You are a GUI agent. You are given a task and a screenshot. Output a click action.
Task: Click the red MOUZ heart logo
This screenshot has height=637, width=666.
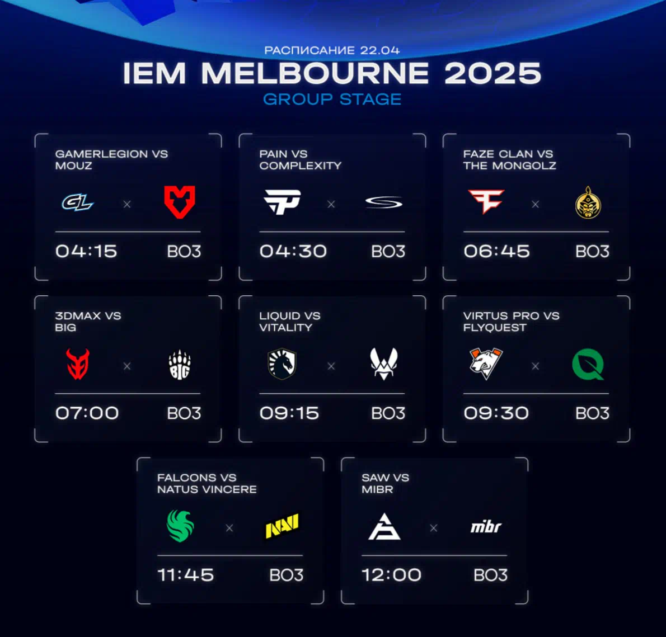click(x=180, y=202)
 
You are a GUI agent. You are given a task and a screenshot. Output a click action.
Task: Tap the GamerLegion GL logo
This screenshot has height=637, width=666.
click(x=78, y=202)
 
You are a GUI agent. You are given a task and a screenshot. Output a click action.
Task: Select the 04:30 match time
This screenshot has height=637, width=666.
click(x=293, y=251)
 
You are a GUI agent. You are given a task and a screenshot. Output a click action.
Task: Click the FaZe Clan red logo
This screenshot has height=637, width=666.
click(x=486, y=201)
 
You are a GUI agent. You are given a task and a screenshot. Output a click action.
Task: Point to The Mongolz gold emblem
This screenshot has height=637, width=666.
click(x=588, y=202)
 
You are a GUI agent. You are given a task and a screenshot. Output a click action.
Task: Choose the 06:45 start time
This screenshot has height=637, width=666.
click(x=496, y=251)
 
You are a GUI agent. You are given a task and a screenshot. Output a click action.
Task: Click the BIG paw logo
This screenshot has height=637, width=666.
click(x=180, y=365)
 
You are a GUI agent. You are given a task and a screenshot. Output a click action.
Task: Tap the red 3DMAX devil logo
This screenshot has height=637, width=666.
click(x=78, y=364)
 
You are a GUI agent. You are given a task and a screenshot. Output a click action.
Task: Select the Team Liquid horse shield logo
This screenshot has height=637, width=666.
click(x=282, y=364)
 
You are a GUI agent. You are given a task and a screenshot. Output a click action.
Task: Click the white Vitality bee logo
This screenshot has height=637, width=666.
click(x=384, y=364)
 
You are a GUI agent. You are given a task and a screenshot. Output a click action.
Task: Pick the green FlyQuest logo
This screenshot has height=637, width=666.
click(x=588, y=364)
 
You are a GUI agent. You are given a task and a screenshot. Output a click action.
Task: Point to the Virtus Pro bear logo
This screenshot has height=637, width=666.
click(x=486, y=364)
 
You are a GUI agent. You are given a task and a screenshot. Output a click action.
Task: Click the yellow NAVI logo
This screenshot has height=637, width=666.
click(x=282, y=525)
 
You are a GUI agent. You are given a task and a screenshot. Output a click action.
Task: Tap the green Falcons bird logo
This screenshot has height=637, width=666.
click(x=180, y=526)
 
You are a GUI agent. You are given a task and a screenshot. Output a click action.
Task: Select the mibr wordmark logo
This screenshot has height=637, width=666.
click(x=486, y=527)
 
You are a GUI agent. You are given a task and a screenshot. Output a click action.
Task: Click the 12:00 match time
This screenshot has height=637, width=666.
click(x=391, y=575)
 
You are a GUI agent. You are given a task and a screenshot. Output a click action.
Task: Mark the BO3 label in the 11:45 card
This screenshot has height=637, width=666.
click(x=287, y=575)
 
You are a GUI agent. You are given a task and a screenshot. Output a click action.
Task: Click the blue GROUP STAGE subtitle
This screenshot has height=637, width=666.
click(x=332, y=100)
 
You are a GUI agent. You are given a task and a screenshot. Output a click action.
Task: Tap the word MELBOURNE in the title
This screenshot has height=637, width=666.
click(x=315, y=73)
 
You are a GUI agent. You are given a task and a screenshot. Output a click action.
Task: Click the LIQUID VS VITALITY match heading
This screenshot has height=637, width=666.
click(x=290, y=321)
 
